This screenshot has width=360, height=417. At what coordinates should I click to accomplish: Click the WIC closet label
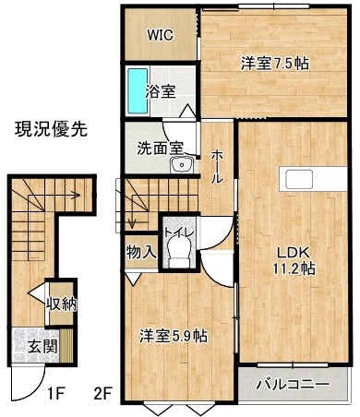click(x=160, y=35)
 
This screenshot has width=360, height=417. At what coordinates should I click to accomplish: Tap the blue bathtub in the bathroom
click(x=138, y=90)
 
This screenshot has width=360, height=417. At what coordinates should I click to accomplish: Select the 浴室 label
click(x=161, y=91)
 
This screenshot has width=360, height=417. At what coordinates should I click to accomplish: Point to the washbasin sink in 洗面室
click(x=182, y=165)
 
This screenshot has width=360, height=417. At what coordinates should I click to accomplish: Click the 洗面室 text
click(x=160, y=149)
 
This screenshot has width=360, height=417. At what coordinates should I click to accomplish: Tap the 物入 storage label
click(x=141, y=253)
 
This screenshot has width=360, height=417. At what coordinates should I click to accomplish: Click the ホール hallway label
click(x=217, y=166)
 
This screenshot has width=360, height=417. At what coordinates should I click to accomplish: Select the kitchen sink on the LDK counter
click(x=299, y=179)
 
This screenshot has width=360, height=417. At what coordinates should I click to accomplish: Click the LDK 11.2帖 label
click(x=294, y=261)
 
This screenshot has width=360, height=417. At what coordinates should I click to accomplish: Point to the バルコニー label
click(x=293, y=385)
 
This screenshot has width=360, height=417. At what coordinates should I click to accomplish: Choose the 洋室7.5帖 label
click(x=275, y=64)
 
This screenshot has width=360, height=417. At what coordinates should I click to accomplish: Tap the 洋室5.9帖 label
click(x=174, y=336)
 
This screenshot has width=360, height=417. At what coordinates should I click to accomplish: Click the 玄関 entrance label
click(x=42, y=347)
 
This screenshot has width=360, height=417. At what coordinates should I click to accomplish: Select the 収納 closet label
click(x=61, y=304)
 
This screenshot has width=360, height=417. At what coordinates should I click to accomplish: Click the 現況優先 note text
click(x=52, y=129)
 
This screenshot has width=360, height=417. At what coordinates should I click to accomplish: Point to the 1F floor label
click(x=55, y=393)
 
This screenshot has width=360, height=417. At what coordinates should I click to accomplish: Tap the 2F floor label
click(x=102, y=393)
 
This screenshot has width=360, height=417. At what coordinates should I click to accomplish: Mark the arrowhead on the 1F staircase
click(x=76, y=195)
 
